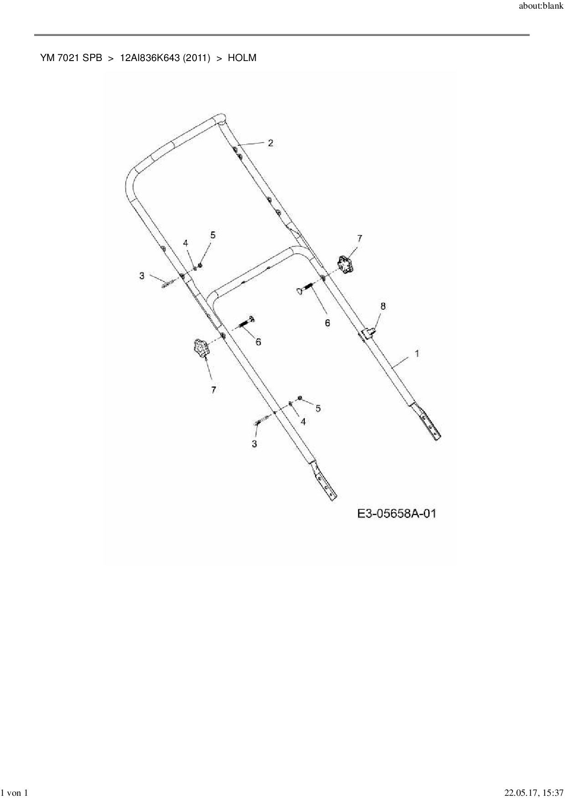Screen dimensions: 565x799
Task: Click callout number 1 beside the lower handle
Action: coord(417,353)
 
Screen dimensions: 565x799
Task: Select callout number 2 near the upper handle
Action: coord(271,143)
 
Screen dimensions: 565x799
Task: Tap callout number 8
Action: coord(383,306)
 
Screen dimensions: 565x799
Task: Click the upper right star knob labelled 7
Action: coord(345,264)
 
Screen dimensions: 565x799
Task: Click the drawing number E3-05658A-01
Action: coord(396,514)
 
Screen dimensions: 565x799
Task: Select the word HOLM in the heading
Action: coord(242,58)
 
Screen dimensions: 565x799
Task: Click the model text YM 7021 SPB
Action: coord(71,58)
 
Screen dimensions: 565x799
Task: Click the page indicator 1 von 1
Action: coord(15,794)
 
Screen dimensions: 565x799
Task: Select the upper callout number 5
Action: coord(213,235)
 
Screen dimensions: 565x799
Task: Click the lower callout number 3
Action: coord(254,443)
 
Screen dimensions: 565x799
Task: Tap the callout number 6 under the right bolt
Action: coord(327,323)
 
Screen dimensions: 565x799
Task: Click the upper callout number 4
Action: coord(186,243)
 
